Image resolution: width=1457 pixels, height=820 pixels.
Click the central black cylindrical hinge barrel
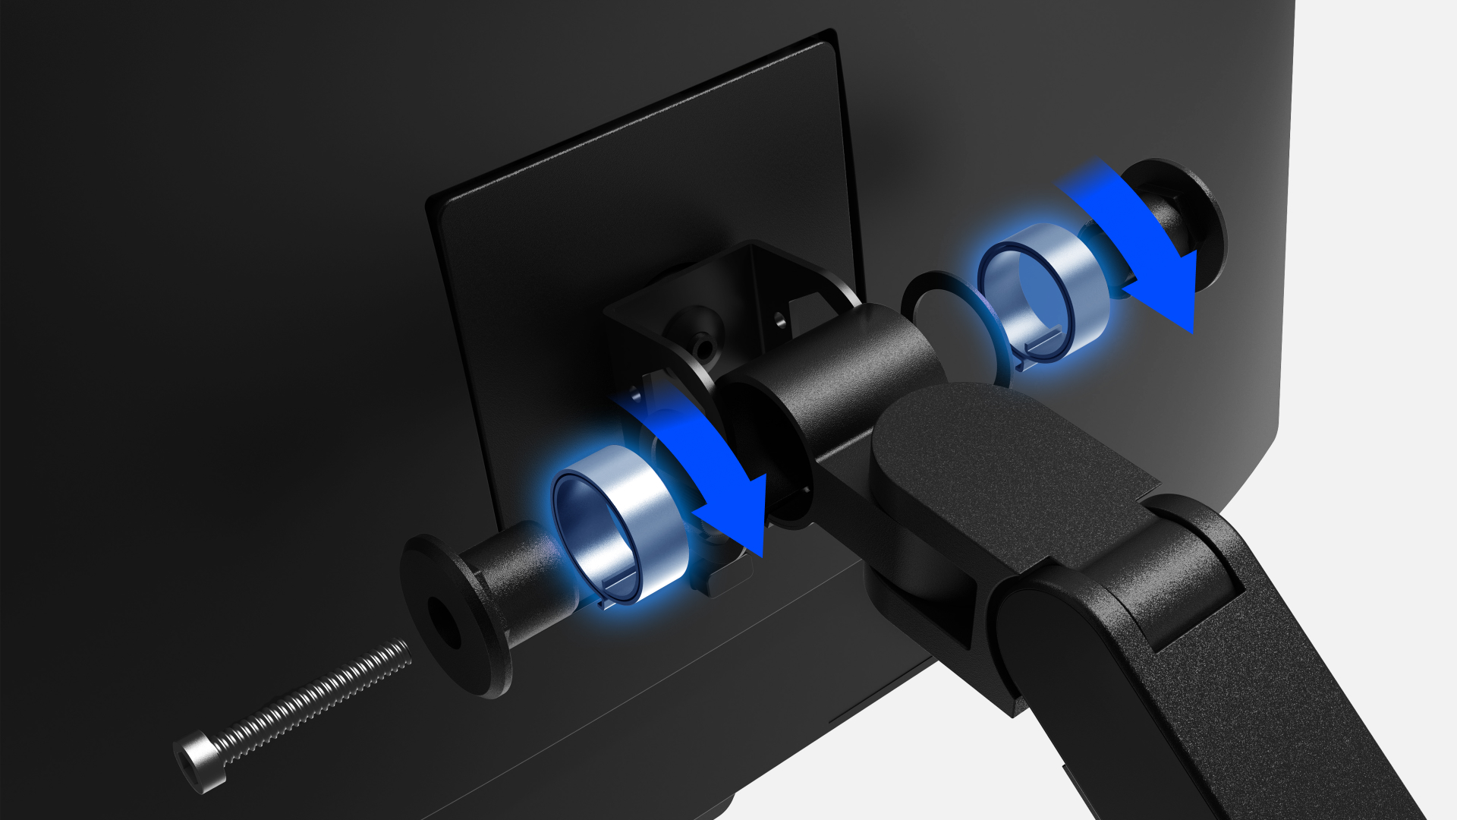(x=842, y=380)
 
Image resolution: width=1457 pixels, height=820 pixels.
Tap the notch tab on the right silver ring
(x=1043, y=345)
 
